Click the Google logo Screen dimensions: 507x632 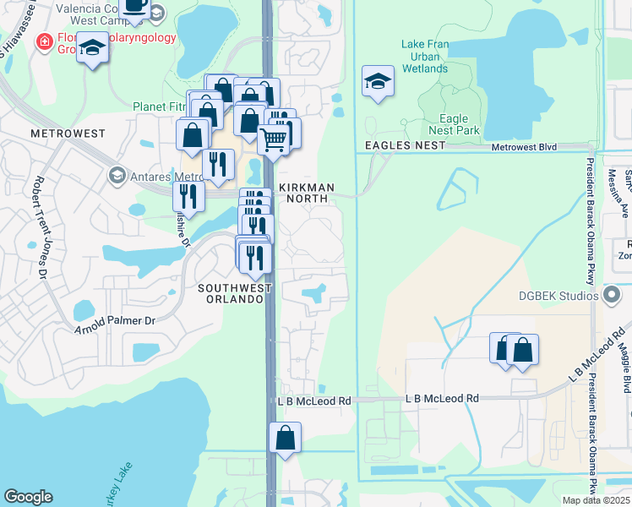click(28, 497)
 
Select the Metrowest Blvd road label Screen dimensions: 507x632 click(525, 147)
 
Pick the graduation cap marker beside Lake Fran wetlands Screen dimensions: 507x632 click(378, 81)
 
